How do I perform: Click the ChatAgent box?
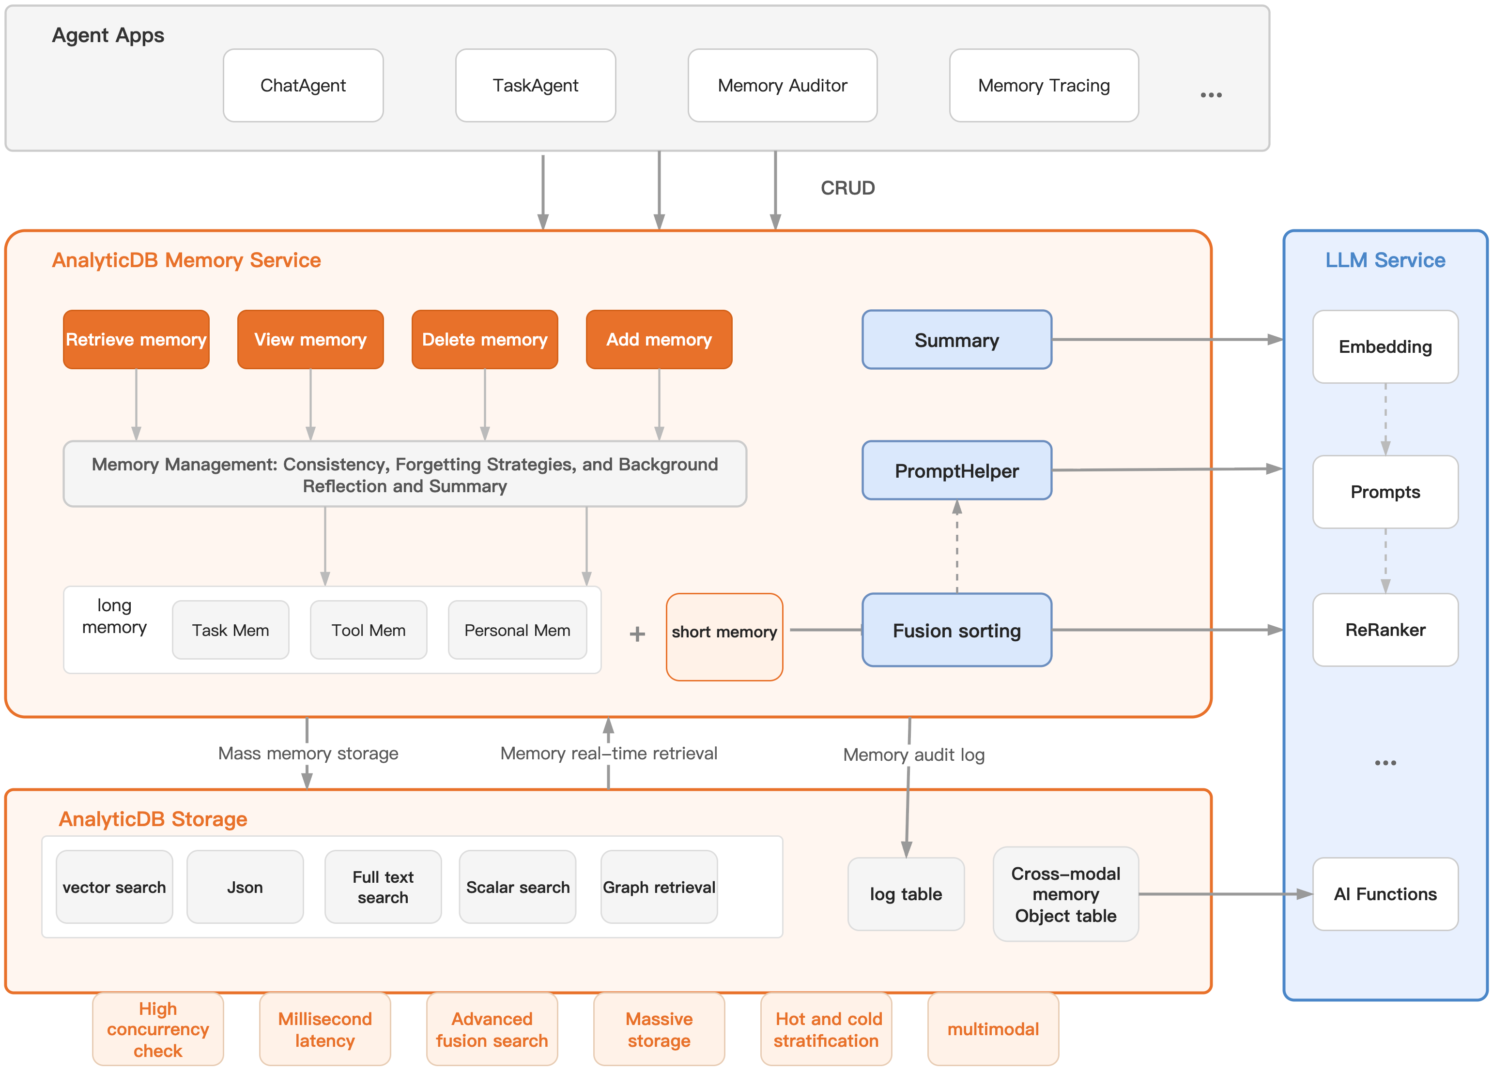click(303, 85)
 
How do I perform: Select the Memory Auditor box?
click(782, 85)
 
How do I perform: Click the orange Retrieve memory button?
click(136, 340)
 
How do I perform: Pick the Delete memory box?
click(485, 340)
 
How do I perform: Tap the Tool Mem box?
click(369, 630)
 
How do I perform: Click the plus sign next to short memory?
click(637, 633)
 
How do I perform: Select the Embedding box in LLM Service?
click(1385, 347)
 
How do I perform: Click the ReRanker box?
click(1385, 630)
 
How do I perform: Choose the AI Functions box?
click(1385, 894)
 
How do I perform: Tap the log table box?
click(906, 894)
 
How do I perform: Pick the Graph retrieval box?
click(659, 887)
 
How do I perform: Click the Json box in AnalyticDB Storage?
click(245, 887)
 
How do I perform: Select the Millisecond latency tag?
click(324, 1029)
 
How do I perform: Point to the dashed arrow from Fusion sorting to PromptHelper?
click(957, 548)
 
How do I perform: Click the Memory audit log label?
click(914, 755)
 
